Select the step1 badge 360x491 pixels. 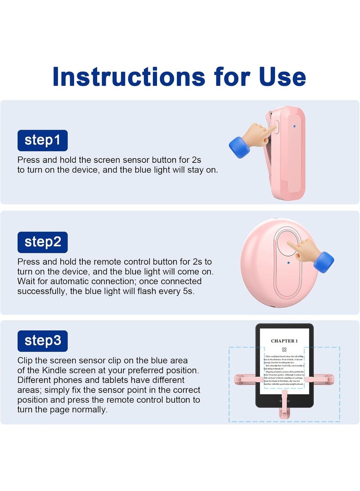pyautogui.click(x=42, y=140)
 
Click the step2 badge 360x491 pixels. pyautogui.click(x=42, y=242)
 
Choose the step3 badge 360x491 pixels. pyautogui.click(x=42, y=340)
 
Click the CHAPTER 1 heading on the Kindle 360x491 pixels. pyautogui.click(x=284, y=341)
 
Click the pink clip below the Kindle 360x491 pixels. pyautogui.click(x=284, y=407)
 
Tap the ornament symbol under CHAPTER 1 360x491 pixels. pyautogui.click(x=284, y=349)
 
